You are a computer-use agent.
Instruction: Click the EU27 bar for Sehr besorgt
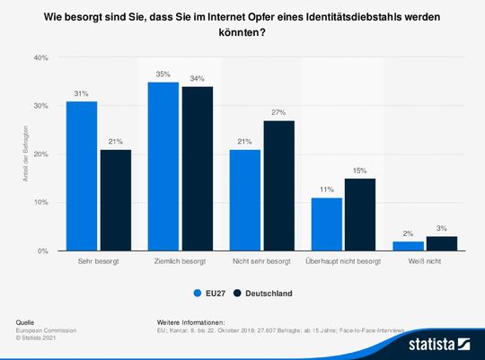tap(81, 176)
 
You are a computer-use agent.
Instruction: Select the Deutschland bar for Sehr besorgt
tap(115, 200)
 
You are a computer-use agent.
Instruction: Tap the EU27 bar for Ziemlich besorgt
tap(163, 166)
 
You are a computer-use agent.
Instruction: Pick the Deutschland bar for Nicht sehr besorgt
tap(279, 186)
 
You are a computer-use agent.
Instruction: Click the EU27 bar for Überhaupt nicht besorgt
tap(326, 224)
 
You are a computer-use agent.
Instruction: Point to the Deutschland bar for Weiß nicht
tap(443, 243)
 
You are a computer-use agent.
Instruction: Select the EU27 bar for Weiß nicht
tap(409, 246)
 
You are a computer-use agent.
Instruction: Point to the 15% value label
tap(361, 171)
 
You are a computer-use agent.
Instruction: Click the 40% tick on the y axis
tap(40, 57)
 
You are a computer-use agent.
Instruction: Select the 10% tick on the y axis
tap(40, 203)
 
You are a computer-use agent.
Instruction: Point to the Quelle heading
tap(26, 321)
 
